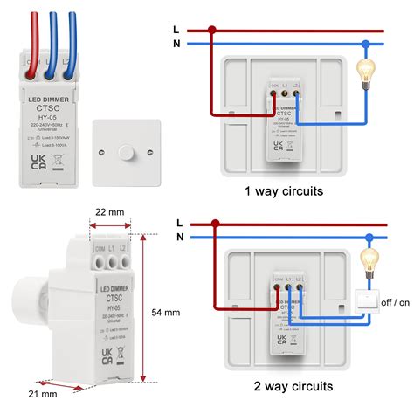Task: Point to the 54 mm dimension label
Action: (165, 312)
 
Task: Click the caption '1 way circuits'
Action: (283, 191)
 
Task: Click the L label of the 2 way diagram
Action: (180, 224)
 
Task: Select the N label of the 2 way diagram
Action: (180, 237)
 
